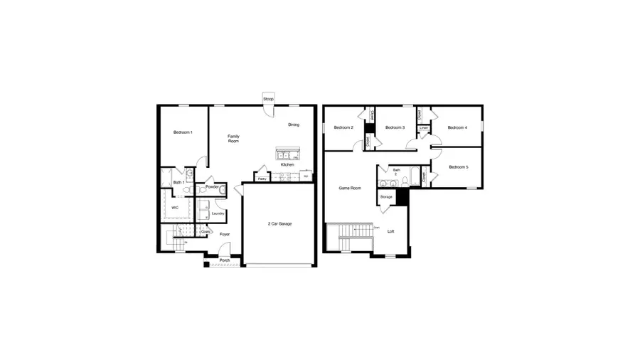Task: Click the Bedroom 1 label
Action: point(183,132)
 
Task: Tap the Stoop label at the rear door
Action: point(268,100)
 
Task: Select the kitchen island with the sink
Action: point(287,154)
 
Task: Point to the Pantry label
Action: point(262,179)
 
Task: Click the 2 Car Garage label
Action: point(279,223)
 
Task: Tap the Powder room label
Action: point(212,187)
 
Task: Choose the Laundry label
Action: point(218,213)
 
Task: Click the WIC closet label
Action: point(175,208)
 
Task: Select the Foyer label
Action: point(225,233)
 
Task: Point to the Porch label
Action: point(225,260)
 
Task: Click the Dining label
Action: point(294,125)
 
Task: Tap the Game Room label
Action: point(350,188)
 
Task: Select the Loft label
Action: point(390,231)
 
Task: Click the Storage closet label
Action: point(386,196)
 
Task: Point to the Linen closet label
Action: point(424,128)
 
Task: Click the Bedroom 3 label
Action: point(395,127)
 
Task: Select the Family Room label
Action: point(233,138)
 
